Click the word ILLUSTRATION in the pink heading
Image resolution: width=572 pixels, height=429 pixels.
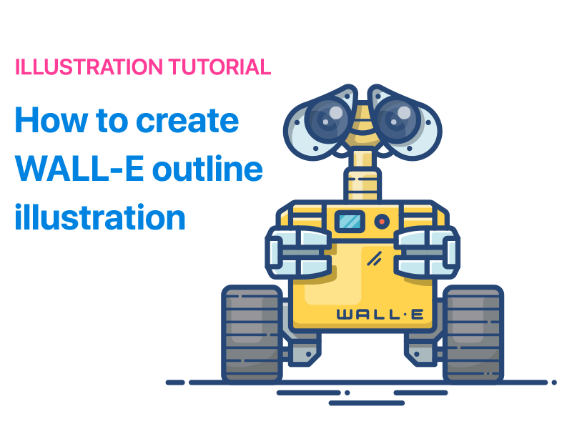tap(89, 68)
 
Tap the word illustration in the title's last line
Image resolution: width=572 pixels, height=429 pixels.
tap(100, 217)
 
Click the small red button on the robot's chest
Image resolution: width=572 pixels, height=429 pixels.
tap(382, 222)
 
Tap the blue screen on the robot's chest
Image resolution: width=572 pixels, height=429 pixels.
tap(350, 222)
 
